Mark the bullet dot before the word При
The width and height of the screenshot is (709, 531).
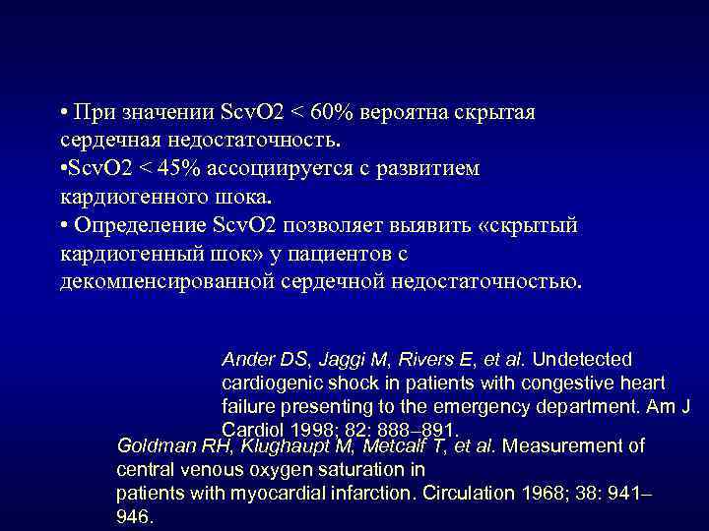[62, 111]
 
